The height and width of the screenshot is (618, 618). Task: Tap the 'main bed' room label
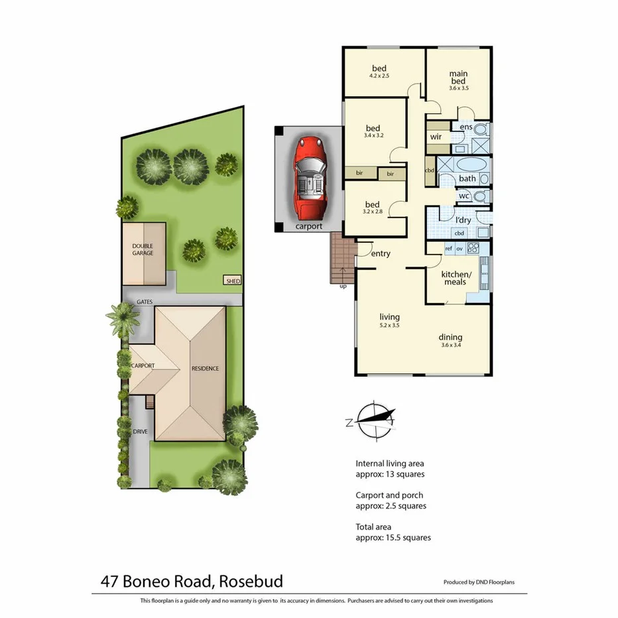tap(458, 78)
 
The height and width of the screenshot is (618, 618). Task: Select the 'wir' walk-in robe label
tap(436, 137)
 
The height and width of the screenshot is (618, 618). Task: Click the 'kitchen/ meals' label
tap(457, 278)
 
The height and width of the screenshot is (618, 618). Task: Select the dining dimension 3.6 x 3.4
tap(450, 345)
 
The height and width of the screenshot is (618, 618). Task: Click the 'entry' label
tap(381, 254)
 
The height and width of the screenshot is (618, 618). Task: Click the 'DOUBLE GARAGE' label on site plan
tap(143, 249)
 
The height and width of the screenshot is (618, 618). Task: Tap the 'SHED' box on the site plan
tap(233, 281)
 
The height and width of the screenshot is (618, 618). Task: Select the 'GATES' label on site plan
tap(145, 302)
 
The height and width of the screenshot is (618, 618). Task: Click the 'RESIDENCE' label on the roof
tap(205, 369)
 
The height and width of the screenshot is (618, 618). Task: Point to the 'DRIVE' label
tap(141, 432)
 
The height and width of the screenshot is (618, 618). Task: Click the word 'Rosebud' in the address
tap(248, 582)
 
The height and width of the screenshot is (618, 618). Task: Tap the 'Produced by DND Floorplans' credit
tap(479, 582)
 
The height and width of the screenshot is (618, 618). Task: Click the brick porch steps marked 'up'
tap(342, 261)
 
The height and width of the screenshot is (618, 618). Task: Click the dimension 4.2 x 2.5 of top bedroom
tap(379, 76)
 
